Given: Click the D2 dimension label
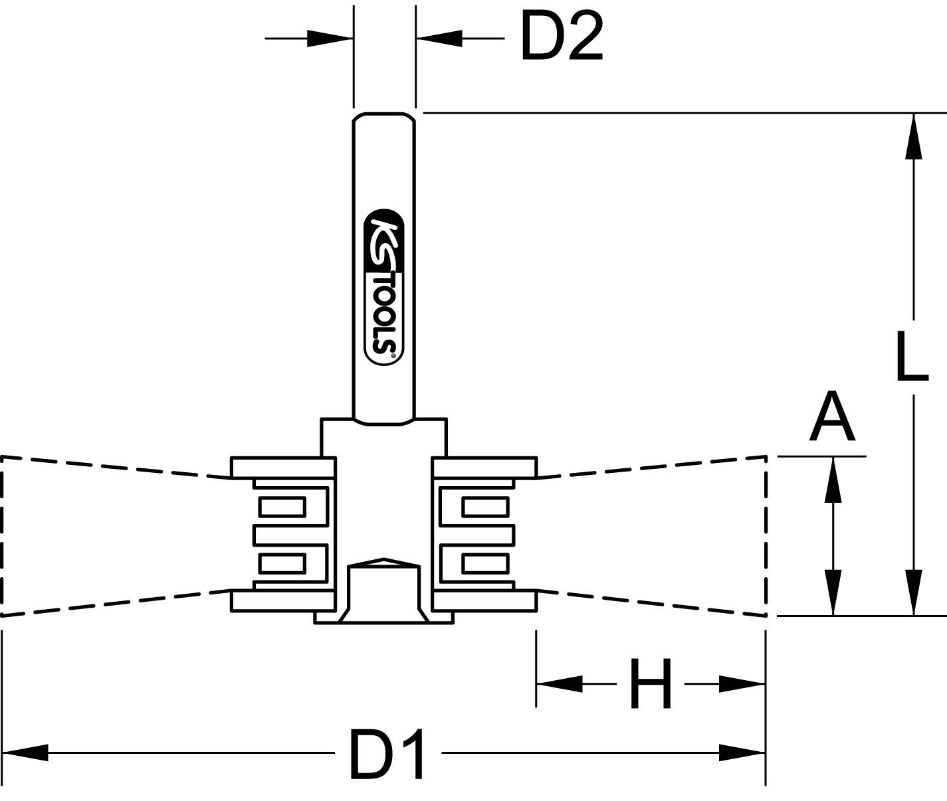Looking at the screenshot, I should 562,39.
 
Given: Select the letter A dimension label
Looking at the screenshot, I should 831,418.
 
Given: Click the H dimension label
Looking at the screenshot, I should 650,684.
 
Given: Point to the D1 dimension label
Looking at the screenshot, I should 387,755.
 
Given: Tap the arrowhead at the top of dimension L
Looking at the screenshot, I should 914,136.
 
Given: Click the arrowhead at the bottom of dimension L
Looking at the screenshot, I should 914,592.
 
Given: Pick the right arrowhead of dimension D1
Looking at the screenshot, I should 743,753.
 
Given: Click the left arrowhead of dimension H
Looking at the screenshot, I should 558,683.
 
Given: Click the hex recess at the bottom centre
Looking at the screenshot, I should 384,588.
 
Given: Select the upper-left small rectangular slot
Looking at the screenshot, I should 282,507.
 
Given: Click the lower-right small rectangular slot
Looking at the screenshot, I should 485,564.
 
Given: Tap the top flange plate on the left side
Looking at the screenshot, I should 282,467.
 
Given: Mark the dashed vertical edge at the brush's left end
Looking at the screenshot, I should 2,535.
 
